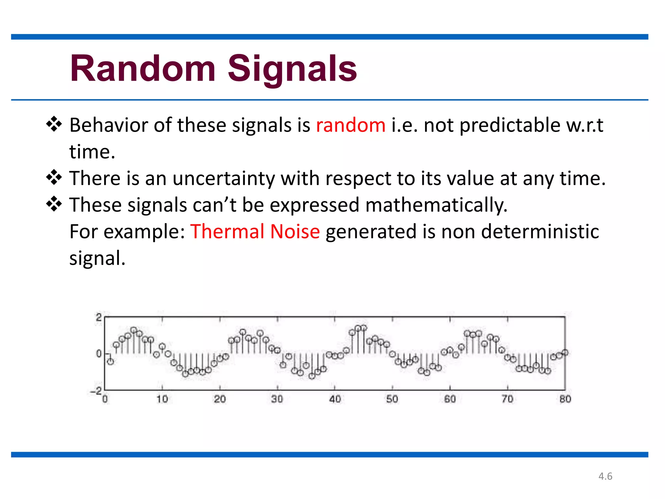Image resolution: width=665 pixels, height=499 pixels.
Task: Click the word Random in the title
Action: pyautogui.click(x=143, y=69)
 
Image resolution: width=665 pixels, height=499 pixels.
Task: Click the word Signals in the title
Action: pyautogui.click(x=292, y=69)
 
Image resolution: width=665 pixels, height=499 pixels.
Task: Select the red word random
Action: pyautogui.click(x=351, y=125)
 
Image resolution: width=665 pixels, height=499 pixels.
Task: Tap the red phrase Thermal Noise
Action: pyautogui.click(x=255, y=232)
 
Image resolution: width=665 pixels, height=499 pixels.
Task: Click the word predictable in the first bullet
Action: pyautogui.click(x=510, y=125)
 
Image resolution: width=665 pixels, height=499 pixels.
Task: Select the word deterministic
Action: pyautogui.click(x=540, y=232)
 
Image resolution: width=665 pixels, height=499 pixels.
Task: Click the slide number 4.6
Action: pyautogui.click(x=605, y=476)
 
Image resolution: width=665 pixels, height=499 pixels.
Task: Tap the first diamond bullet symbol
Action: pyautogui.click(x=54, y=125)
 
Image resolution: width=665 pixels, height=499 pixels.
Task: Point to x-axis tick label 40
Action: pyautogui.click(x=335, y=399)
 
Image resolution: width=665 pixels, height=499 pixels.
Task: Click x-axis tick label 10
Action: pyautogui.click(x=162, y=399)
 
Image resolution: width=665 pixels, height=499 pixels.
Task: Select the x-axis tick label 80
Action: pyautogui.click(x=565, y=399)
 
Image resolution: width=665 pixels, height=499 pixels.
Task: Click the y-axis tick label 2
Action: pyautogui.click(x=99, y=317)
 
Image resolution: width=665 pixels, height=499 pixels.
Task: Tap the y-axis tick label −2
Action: pyautogui.click(x=96, y=391)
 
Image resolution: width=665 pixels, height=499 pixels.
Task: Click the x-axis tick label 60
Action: pyautogui.click(x=450, y=399)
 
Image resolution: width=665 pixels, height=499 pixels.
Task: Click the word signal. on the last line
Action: pyautogui.click(x=97, y=259)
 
